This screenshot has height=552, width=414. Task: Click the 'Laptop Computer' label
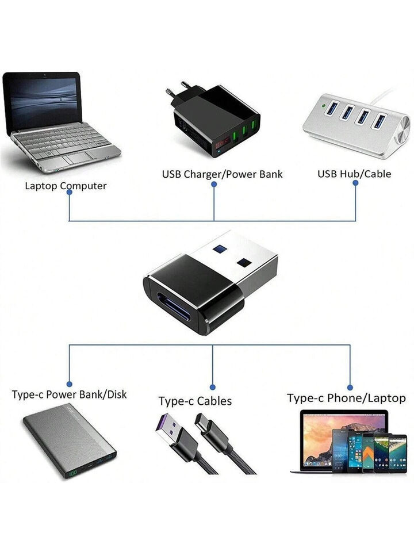click(x=66, y=186)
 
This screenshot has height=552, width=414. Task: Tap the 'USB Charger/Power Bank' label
click(x=222, y=174)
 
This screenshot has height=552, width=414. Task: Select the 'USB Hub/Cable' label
click(x=354, y=174)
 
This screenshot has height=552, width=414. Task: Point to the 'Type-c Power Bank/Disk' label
click(x=69, y=394)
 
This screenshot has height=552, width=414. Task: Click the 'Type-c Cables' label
click(x=195, y=401)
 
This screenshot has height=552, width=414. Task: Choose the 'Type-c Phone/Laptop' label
click(x=346, y=398)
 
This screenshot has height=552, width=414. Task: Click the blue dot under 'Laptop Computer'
click(x=70, y=192)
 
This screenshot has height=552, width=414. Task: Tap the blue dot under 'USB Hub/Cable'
click(x=355, y=183)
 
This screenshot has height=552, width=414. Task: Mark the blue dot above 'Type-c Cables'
click(x=212, y=387)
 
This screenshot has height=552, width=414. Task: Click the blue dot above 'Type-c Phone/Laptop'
click(x=350, y=388)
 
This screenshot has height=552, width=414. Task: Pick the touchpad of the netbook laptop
click(x=78, y=158)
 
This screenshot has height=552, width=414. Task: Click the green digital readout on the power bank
click(x=73, y=474)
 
